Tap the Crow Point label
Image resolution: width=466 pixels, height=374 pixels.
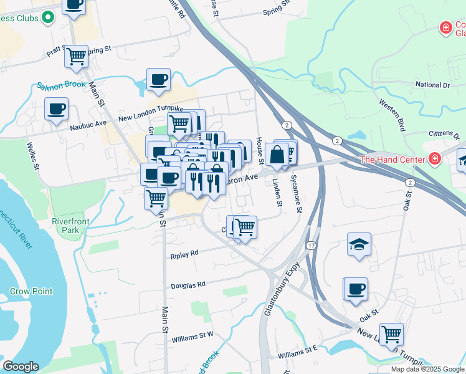click(31, 291)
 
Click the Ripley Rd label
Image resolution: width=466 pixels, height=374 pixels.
click(185, 254)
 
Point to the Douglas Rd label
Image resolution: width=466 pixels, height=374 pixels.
click(188, 284)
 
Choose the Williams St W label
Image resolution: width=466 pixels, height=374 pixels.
click(193, 337)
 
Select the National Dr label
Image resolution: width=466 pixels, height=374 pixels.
click(432, 85)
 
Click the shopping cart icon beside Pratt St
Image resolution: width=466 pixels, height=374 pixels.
click(77, 56)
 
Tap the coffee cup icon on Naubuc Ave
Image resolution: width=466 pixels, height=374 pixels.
click(57, 110)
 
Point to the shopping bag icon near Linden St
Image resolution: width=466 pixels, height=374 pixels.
click(277, 154)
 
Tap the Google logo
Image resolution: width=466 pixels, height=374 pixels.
click(21, 367)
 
